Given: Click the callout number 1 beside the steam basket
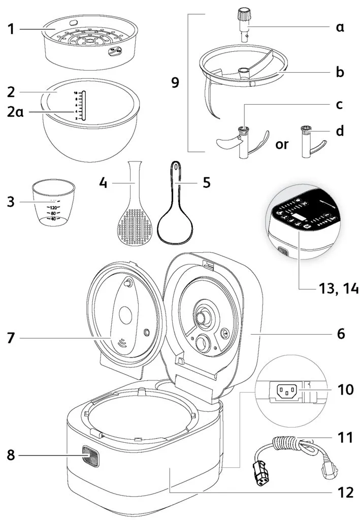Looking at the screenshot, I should pyautogui.click(x=11, y=29).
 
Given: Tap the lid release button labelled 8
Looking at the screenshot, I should pyautogui.click(x=91, y=456).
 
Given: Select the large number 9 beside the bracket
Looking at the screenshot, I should pyautogui.click(x=175, y=83).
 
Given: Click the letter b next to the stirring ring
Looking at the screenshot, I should pyautogui.click(x=340, y=72).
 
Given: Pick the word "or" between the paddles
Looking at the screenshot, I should pyautogui.click(x=282, y=144).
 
